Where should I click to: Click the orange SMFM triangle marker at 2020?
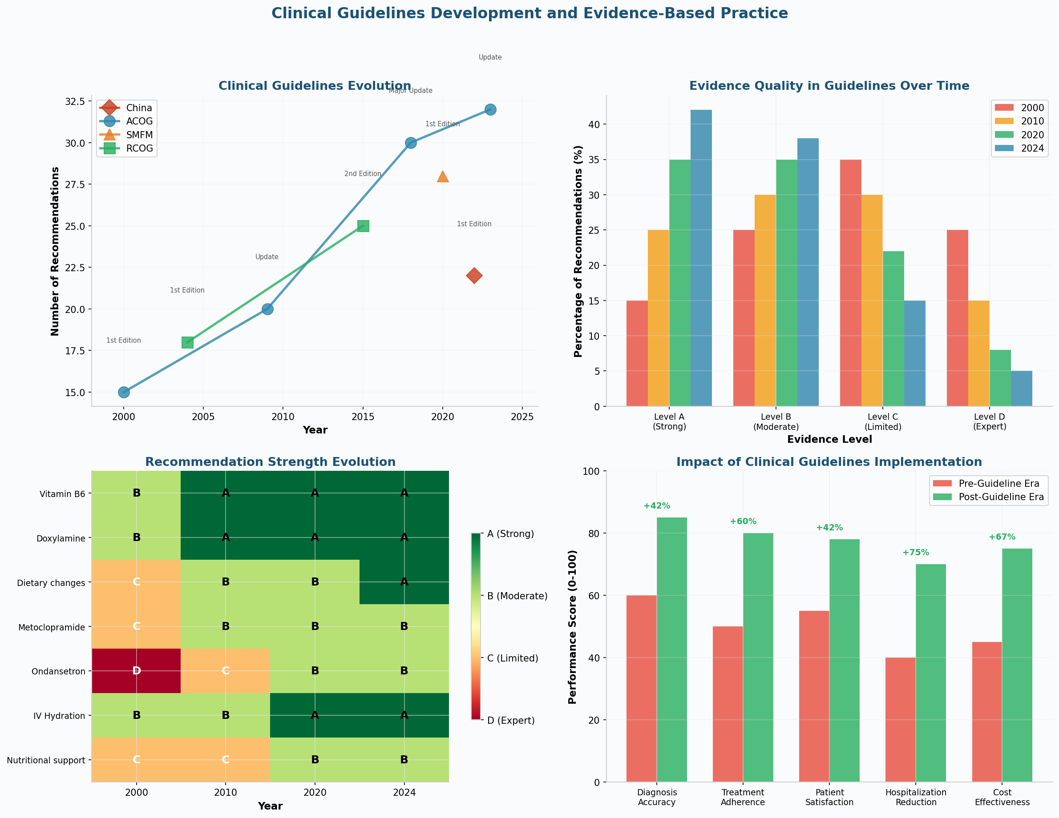click(x=442, y=176)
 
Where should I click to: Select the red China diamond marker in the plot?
click(x=474, y=276)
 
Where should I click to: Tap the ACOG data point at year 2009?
click(x=267, y=309)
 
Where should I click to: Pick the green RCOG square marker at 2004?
click(x=187, y=343)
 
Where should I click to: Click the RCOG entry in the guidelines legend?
click(x=139, y=148)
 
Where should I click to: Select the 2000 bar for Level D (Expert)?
click(x=957, y=318)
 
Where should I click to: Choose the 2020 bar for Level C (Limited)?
click(x=893, y=329)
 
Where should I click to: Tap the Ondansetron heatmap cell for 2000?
click(x=136, y=671)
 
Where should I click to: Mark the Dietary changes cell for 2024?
click(x=404, y=582)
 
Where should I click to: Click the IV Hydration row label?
click(x=59, y=716)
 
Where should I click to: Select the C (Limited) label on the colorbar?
click(x=513, y=658)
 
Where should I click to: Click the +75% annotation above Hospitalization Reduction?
click(x=915, y=553)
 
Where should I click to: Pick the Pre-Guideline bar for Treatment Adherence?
click(x=728, y=704)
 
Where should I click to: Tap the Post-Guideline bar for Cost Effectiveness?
click(x=1017, y=666)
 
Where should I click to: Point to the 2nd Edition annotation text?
click(x=363, y=173)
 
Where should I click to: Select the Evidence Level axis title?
click(x=829, y=440)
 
